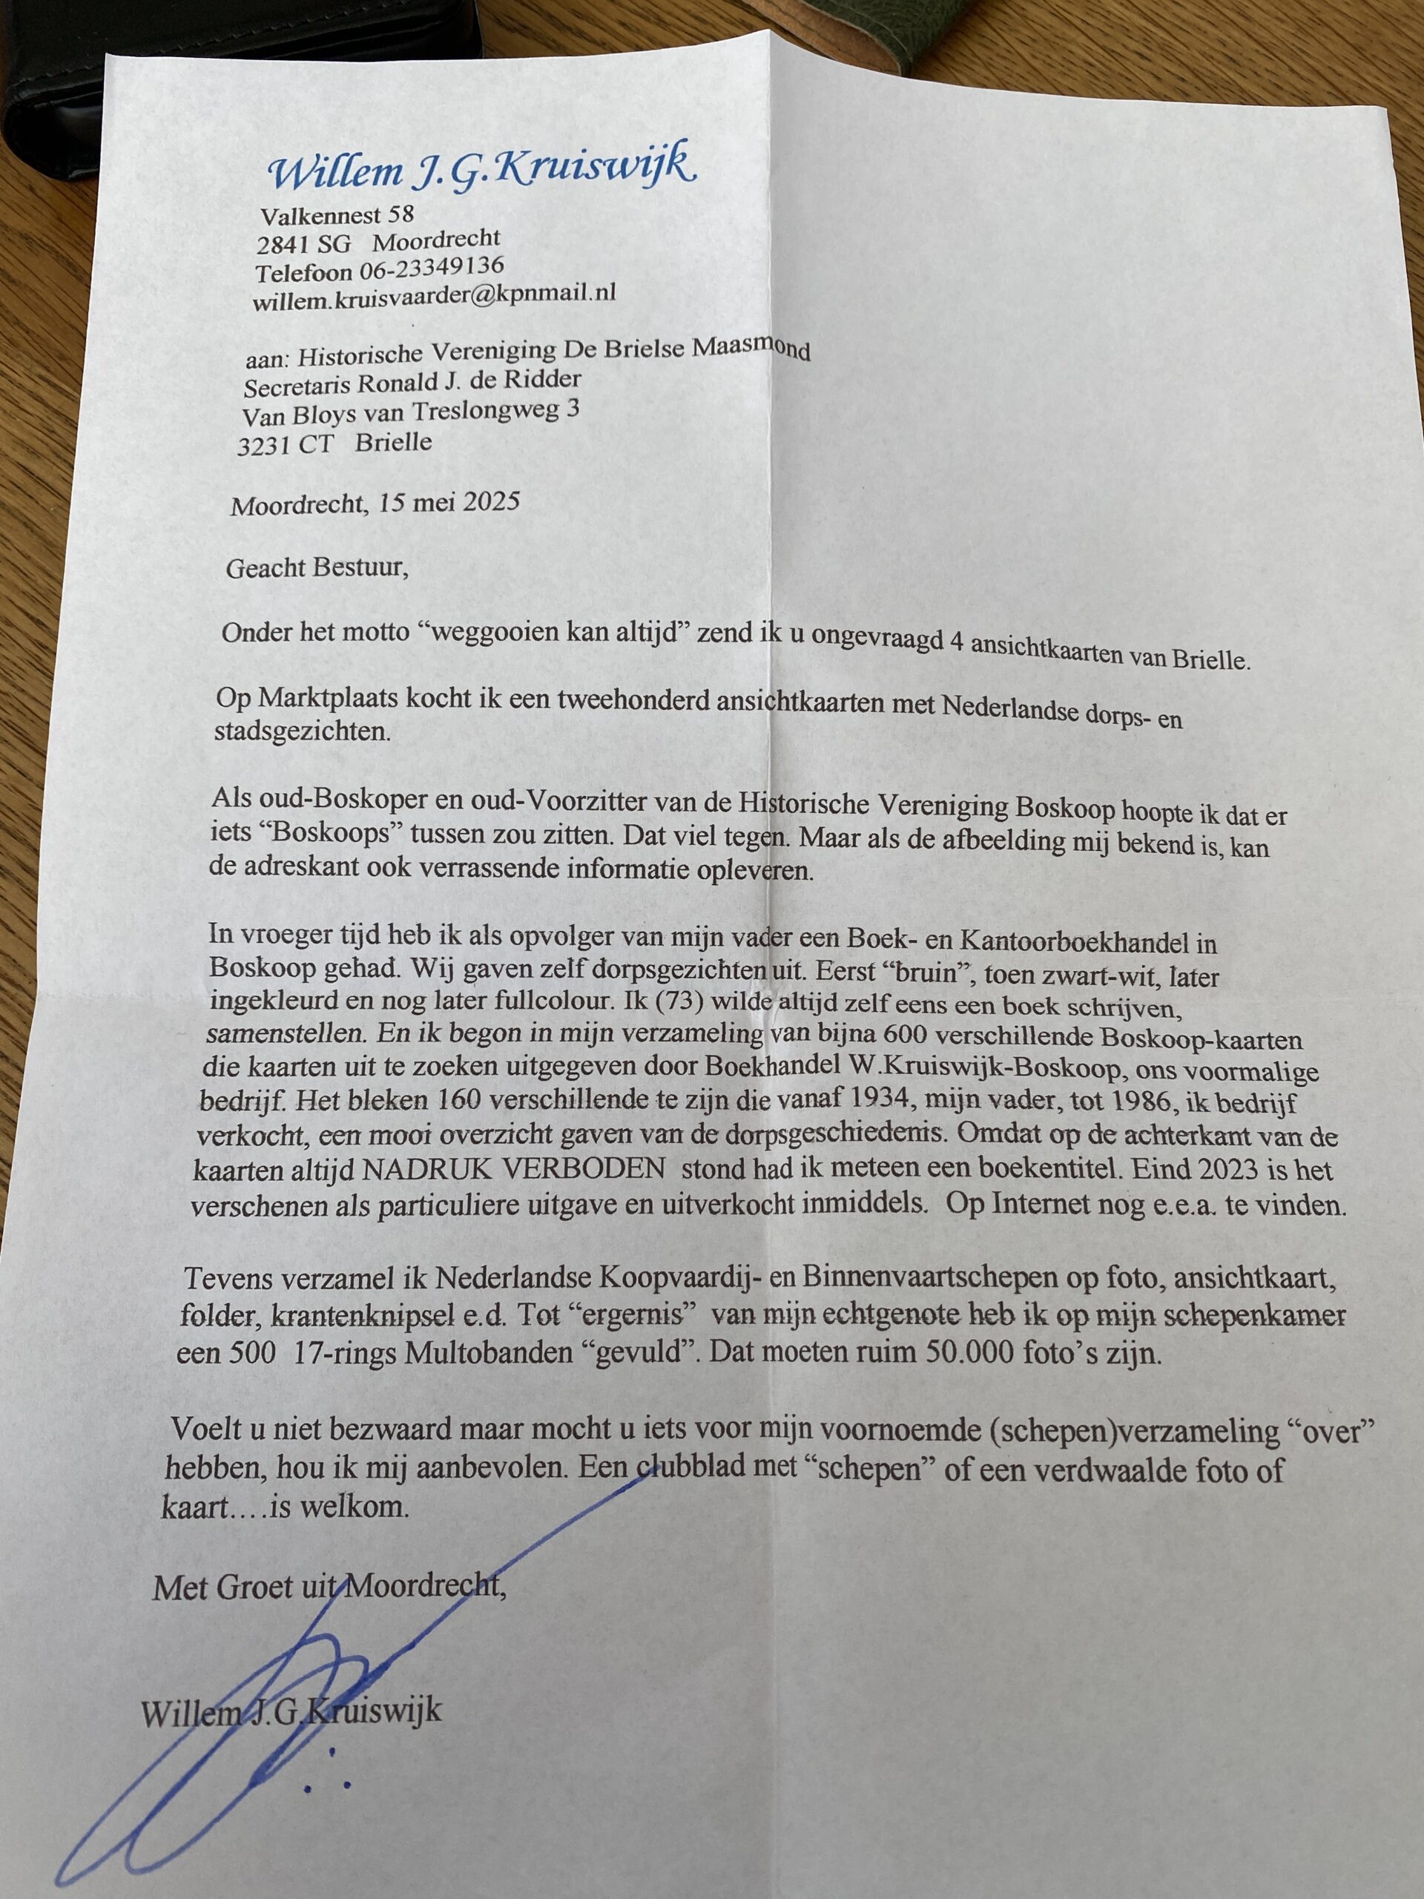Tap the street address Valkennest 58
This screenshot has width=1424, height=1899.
[x=337, y=214]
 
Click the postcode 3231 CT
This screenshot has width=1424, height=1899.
[x=287, y=446]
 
